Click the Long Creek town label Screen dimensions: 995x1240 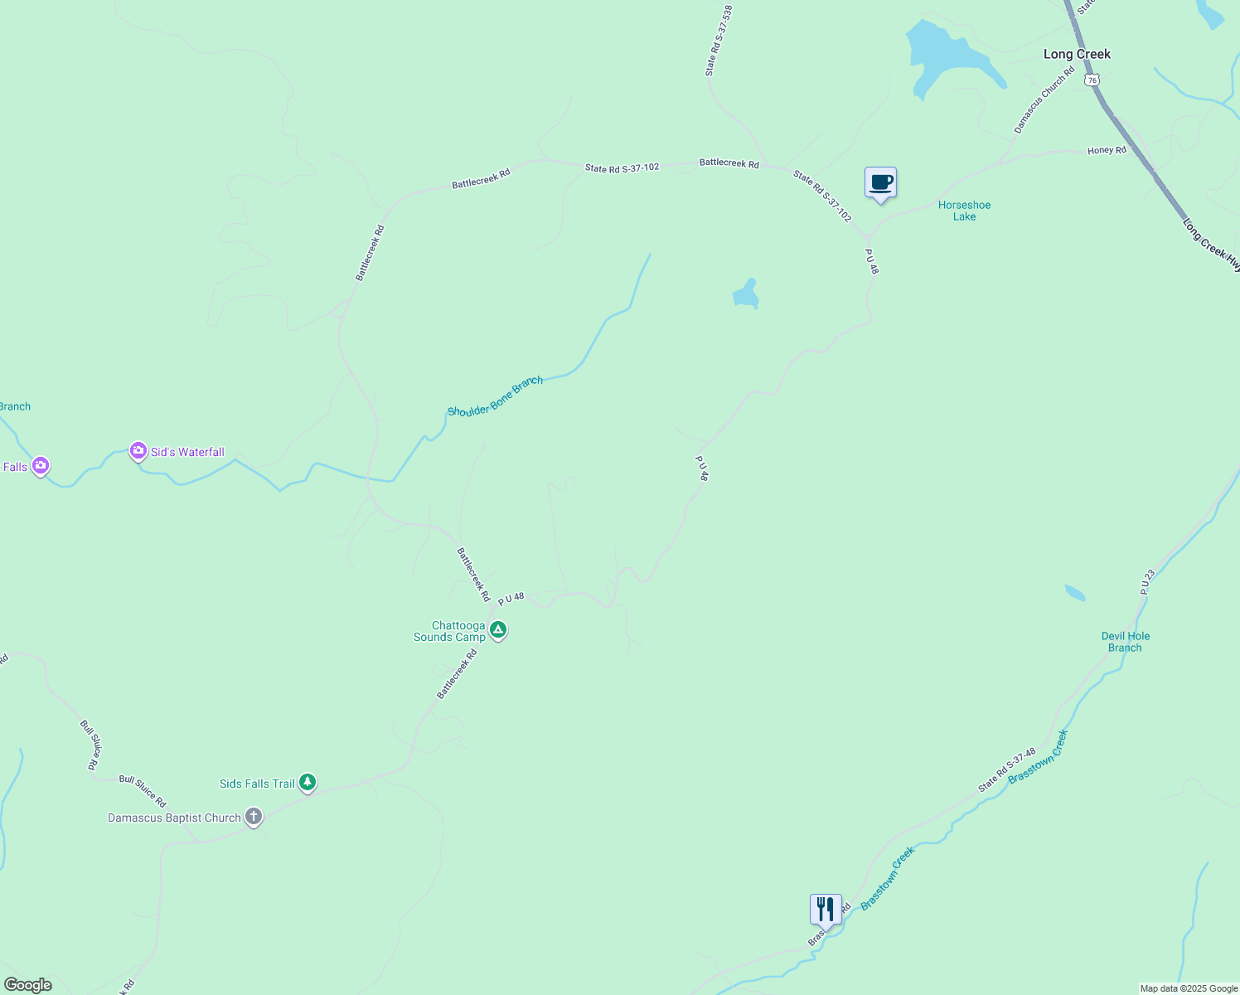(1077, 54)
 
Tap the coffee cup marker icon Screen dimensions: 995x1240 (880, 182)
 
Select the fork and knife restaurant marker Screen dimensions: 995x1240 (826, 910)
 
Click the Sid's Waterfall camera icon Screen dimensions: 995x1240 (138, 451)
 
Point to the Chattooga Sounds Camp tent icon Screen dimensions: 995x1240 (498, 630)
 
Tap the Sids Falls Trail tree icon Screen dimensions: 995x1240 (308, 782)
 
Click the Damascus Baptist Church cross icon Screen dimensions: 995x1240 (254, 817)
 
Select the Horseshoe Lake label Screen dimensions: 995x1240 (964, 211)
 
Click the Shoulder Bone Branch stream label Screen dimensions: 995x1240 (495, 396)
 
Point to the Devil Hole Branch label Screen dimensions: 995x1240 (1125, 642)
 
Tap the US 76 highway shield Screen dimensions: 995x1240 (1092, 80)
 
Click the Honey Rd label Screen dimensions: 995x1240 (1107, 151)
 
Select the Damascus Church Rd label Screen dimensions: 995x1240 (1044, 99)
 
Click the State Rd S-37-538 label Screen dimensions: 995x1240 (719, 41)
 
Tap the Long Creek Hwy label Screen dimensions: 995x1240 (1211, 245)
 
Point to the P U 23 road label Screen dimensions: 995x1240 (1147, 581)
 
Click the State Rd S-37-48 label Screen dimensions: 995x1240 (1007, 769)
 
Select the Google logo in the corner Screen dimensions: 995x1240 (27, 985)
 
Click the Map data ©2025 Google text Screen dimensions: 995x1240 (1189, 988)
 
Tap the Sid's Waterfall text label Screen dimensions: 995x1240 (187, 452)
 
